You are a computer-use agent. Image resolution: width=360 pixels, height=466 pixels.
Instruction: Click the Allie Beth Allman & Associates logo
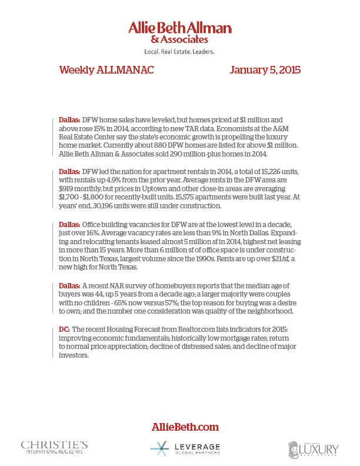pyautogui.click(x=180, y=32)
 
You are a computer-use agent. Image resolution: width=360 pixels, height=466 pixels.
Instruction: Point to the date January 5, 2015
pyautogui.click(x=265, y=70)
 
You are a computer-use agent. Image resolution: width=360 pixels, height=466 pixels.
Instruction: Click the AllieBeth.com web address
pyautogui.click(x=180, y=427)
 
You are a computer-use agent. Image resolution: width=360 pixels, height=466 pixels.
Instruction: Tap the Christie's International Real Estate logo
pyautogui.click(x=54, y=447)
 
